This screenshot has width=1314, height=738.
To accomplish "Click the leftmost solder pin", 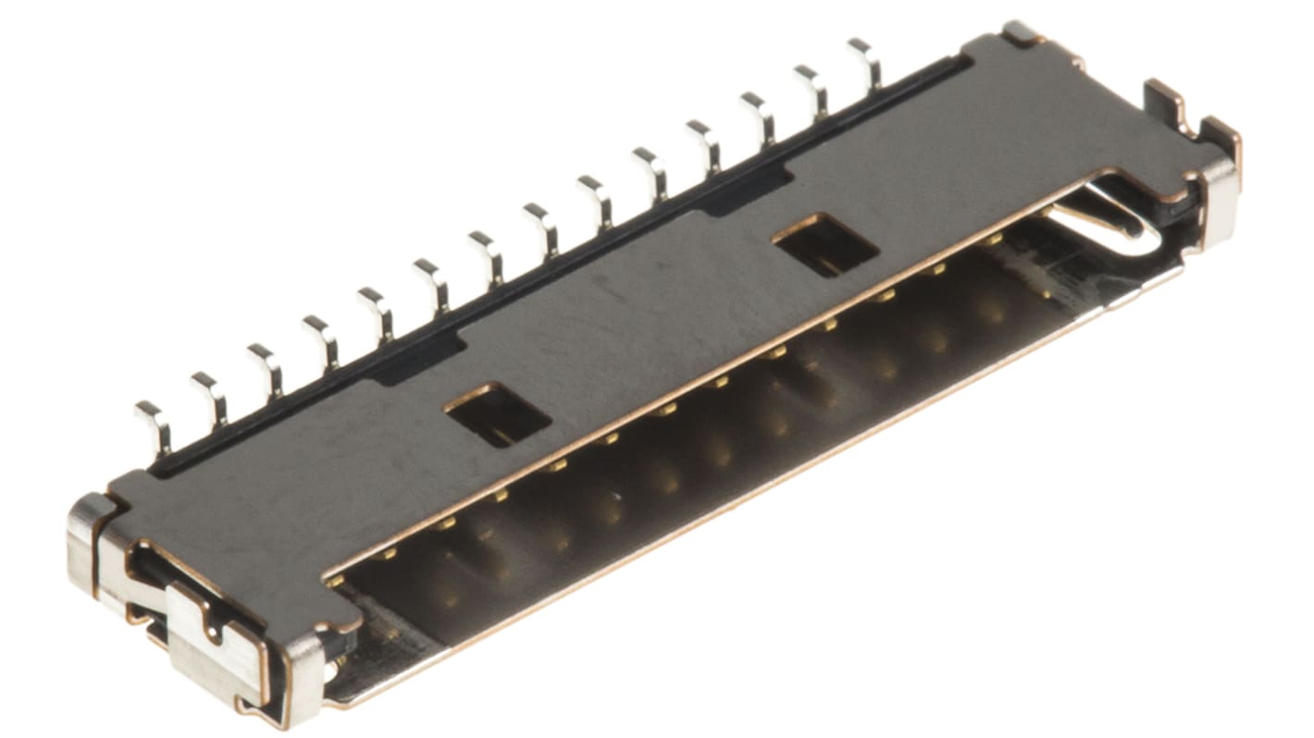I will tap(154, 427).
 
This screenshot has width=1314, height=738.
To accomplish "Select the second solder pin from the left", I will tap(210, 399).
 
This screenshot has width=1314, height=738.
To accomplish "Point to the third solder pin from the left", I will tap(266, 370).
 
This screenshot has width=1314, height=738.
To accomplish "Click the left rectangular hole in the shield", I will tap(497, 414).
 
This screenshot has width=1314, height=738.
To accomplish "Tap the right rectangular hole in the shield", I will tap(824, 245).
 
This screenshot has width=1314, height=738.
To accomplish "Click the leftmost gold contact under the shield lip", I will tap(335, 581).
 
